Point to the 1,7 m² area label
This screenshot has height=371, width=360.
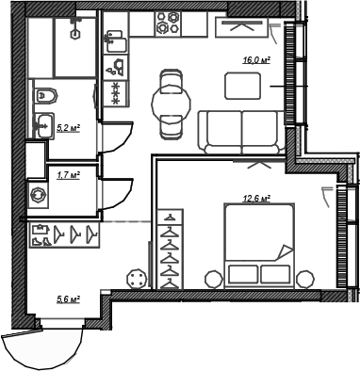point(68,174)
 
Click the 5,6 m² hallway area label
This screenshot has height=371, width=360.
point(67,299)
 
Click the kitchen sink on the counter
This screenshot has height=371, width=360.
point(118,41)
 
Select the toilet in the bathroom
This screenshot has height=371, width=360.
point(45,96)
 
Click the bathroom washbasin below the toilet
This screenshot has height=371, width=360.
point(44,123)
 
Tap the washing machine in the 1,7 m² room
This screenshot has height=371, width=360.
point(39,195)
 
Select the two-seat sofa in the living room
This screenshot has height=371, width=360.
point(242,129)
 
